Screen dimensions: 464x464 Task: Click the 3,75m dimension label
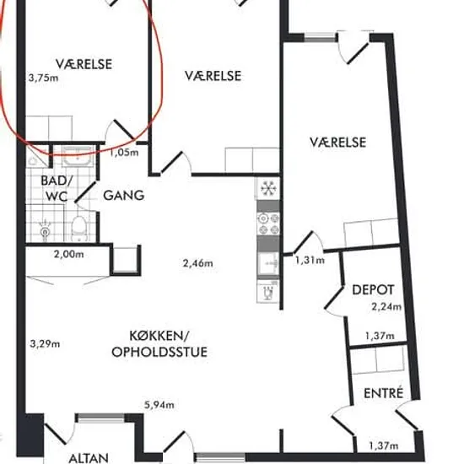43,78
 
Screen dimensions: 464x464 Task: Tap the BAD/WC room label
56,188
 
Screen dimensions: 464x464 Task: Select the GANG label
124,196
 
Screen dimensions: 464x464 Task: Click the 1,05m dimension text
124,153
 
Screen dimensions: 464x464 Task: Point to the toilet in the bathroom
79,228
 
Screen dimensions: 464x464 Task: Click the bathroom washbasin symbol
78,156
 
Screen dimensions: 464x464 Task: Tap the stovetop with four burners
268,224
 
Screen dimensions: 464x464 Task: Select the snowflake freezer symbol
268,188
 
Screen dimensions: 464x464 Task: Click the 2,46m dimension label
197,262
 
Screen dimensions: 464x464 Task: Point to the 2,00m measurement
68,254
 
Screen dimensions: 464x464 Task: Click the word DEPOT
373,289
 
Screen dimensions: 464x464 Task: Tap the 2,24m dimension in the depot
386,306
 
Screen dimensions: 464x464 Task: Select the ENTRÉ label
384,392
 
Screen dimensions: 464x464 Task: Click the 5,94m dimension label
159,404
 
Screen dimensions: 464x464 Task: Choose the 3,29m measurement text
45,344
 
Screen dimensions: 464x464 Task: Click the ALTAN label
89,458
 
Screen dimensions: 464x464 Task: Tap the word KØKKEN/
159,336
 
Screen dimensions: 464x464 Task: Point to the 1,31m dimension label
310,260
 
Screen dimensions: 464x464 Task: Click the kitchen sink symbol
268,262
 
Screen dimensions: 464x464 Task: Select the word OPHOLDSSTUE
159,352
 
